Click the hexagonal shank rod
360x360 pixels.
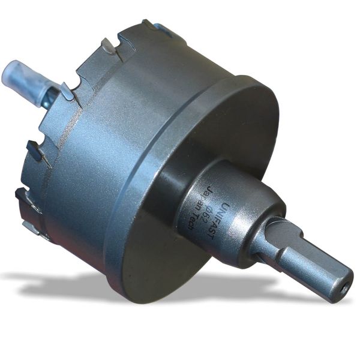pos(312,264)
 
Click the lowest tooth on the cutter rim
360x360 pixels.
pos(33,226)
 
